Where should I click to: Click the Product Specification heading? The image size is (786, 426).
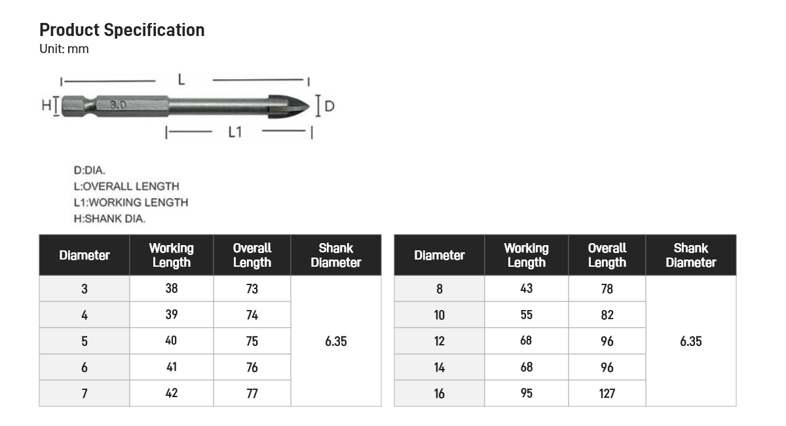[122, 30]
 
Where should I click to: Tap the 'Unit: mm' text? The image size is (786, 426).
[64, 49]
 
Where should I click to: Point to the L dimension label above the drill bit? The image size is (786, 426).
[181, 80]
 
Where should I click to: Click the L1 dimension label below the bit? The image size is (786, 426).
[235, 132]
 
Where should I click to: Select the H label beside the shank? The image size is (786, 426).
[46, 106]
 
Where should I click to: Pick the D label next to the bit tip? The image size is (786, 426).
[329, 106]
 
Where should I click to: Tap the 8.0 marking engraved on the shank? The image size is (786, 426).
[118, 105]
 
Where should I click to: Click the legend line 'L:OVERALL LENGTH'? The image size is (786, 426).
[126, 186]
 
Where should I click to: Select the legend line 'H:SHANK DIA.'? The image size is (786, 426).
[109, 219]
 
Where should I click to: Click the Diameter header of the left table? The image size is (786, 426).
[84, 256]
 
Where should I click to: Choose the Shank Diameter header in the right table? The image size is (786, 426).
[690, 256]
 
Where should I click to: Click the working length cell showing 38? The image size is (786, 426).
[172, 288]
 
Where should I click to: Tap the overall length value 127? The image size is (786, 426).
[607, 393]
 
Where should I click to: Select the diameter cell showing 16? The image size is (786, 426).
[439, 393]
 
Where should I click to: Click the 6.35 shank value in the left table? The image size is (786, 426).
[335, 341]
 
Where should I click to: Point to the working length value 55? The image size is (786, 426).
[527, 315]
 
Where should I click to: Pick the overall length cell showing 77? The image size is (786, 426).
[252, 393]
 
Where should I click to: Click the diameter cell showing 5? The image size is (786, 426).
[84, 341]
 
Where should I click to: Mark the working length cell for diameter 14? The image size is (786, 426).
[527, 367]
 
